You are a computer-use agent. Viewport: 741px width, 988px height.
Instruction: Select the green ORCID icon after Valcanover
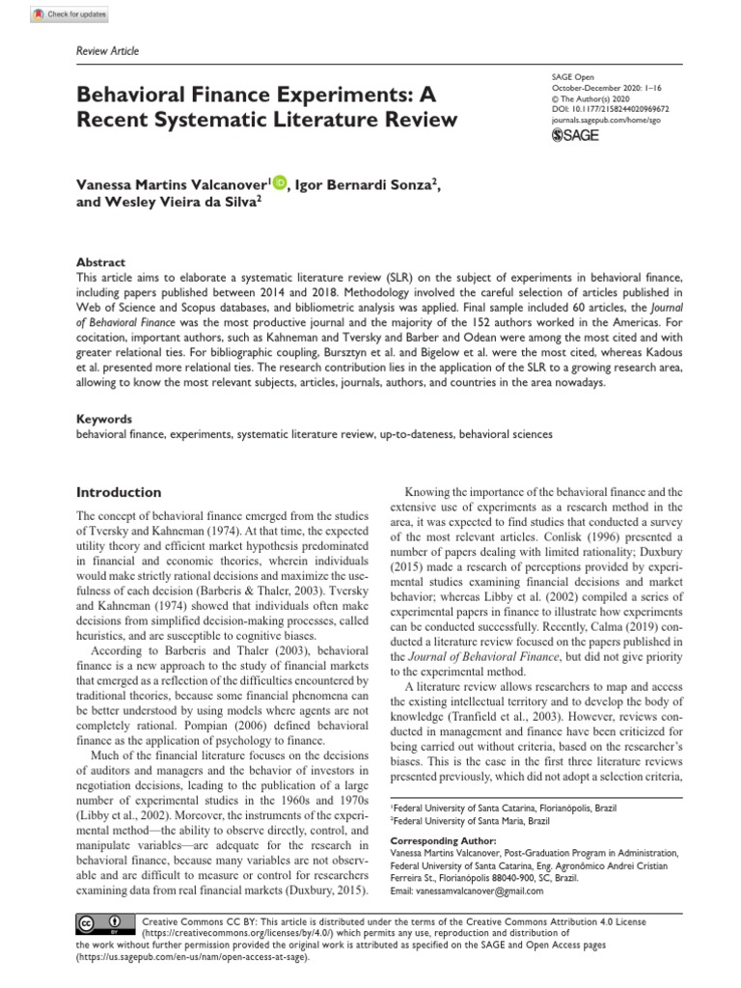(280, 181)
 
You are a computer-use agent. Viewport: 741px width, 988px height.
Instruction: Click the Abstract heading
(101, 262)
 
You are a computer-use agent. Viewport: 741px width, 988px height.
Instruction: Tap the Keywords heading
(104, 420)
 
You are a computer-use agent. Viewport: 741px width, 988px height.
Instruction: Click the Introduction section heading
(119, 491)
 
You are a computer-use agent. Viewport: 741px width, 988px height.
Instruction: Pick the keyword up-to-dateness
(415, 435)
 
